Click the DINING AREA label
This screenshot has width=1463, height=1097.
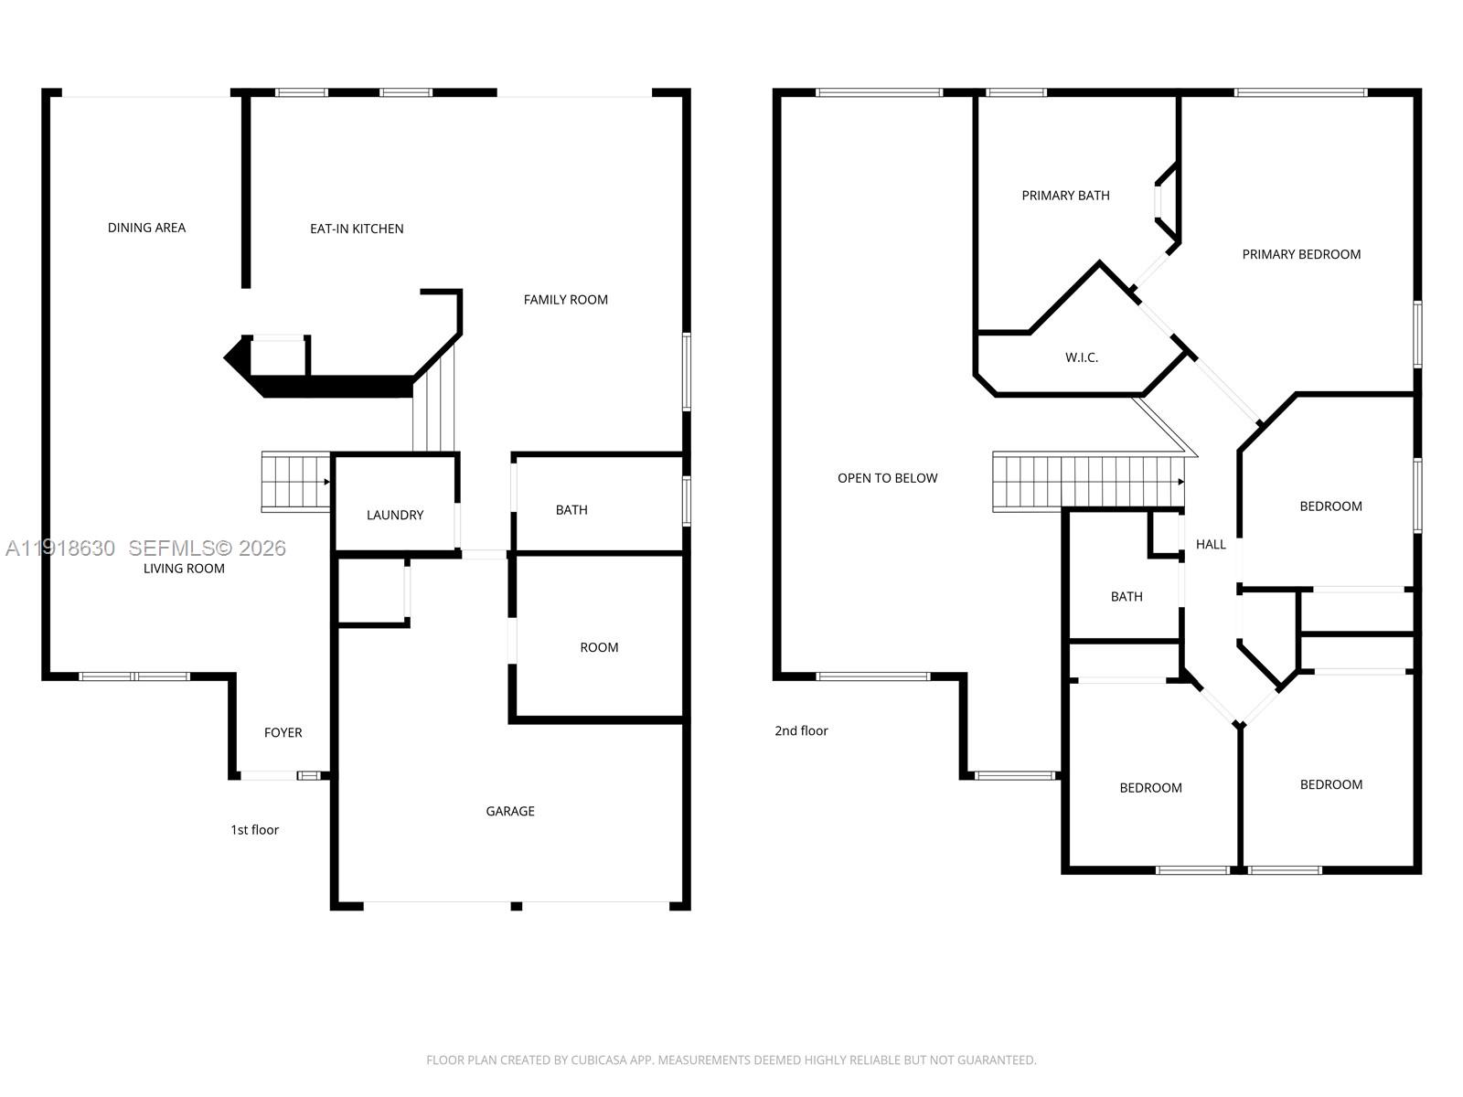(x=146, y=228)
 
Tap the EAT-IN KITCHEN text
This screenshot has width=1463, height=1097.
(x=357, y=229)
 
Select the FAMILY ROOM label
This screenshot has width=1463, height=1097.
(x=565, y=300)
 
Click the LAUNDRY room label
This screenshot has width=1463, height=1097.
(x=395, y=515)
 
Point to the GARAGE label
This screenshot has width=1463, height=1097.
(x=510, y=811)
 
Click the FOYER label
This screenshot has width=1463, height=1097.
(x=283, y=732)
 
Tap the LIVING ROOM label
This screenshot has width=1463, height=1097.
(x=184, y=569)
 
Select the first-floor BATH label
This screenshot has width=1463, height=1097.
(x=571, y=510)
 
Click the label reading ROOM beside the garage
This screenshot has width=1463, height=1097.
(x=599, y=647)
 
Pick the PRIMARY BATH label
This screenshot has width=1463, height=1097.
(x=1065, y=196)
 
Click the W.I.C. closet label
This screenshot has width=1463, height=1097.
(x=1081, y=357)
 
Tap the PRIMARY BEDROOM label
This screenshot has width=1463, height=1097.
(x=1301, y=254)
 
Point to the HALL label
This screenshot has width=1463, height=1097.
(x=1211, y=545)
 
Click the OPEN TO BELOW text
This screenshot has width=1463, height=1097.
(x=887, y=478)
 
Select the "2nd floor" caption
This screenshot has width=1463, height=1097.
(x=801, y=730)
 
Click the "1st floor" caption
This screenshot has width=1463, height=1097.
(x=254, y=830)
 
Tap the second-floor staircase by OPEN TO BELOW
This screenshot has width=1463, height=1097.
(x=1088, y=481)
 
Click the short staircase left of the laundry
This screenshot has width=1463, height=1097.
(x=295, y=481)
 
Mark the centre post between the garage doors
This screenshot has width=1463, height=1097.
(x=517, y=906)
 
